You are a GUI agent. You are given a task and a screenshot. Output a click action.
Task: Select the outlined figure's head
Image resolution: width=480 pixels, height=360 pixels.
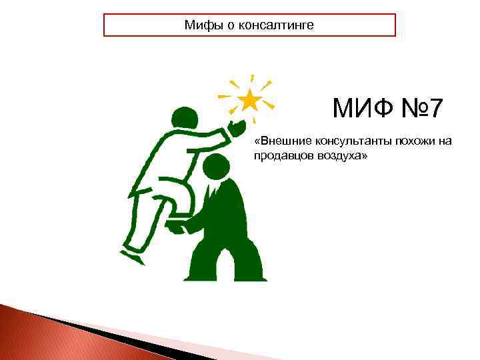click(185, 118)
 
